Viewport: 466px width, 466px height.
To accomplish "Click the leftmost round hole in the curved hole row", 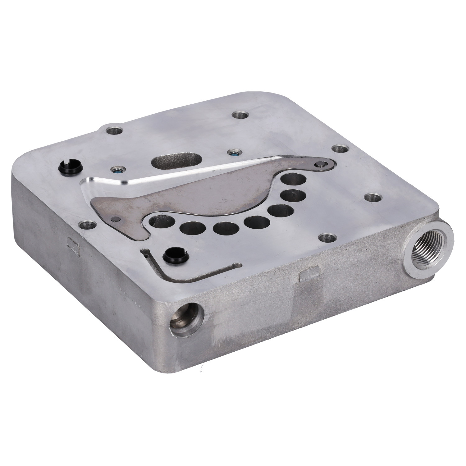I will [158, 222].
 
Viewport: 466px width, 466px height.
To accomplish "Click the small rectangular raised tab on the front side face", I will [307, 276].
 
